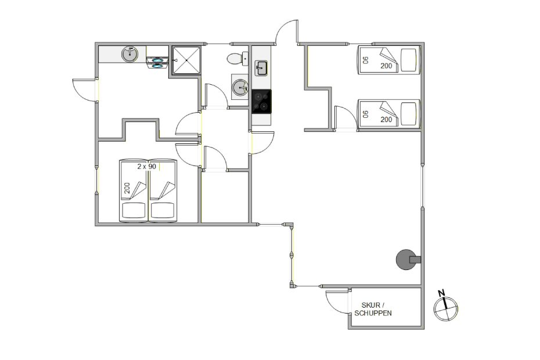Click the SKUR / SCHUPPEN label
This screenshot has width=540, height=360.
[x=373, y=309]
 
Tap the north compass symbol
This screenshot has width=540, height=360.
[x=446, y=309]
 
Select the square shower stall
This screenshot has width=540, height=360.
[x=186, y=60]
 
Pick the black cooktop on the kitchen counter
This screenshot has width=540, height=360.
[x=261, y=101]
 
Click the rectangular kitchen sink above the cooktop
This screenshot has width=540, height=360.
[x=261, y=68]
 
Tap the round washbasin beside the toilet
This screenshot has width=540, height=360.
[x=240, y=88]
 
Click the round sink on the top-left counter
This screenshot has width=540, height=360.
[x=129, y=54]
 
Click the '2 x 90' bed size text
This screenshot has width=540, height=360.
[x=147, y=167]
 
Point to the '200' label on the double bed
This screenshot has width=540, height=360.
[x=127, y=188]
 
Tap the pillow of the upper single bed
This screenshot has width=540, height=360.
[x=409, y=60]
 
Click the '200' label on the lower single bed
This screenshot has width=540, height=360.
[x=386, y=120]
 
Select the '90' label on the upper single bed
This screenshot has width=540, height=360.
[x=366, y=60]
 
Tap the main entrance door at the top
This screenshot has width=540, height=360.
[x=287, y=32]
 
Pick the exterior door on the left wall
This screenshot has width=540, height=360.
[x=84, y=90]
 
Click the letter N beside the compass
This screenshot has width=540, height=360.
[x=441, y=293]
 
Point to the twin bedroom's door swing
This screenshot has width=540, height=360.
[x=345, y=117]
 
